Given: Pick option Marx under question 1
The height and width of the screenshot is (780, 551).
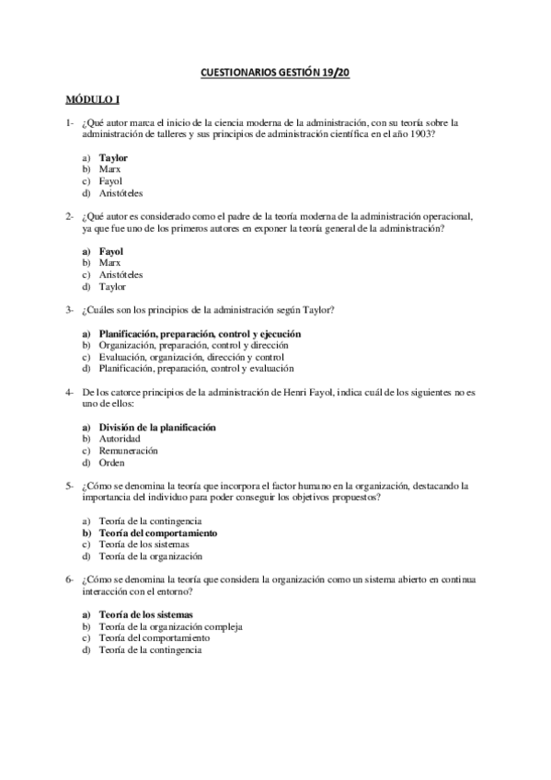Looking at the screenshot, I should pyautogui.click(x=110, y=169).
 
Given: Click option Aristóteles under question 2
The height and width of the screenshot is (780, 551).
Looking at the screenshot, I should pyautogui.click(x=121, y=274).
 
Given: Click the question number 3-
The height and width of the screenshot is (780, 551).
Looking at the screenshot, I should pyautogui.click(x=69, y=309).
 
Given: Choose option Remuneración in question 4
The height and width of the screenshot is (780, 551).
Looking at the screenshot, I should pyautogui.click(x=129, y=451).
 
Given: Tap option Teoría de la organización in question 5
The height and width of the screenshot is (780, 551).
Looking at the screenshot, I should pyautogui.click(x=151, y=556).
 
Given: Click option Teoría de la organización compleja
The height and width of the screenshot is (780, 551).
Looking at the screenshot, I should pyautogui.click(x=171, y=626).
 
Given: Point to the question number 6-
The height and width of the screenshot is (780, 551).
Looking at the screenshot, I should pyautogui.click(x=69, y=579).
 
